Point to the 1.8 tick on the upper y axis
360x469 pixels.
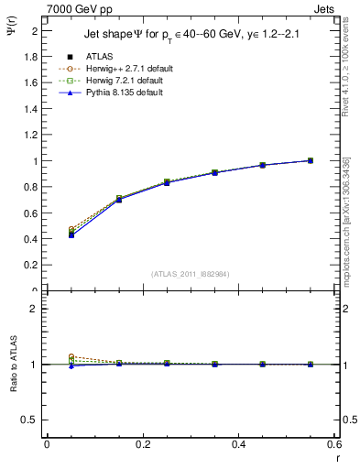(30, 57)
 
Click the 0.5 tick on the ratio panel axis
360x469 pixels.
(27, 420)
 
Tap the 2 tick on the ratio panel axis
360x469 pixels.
(32, 309)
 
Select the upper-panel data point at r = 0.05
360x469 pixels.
(71, 234)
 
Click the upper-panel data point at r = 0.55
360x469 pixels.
(311, 160)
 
